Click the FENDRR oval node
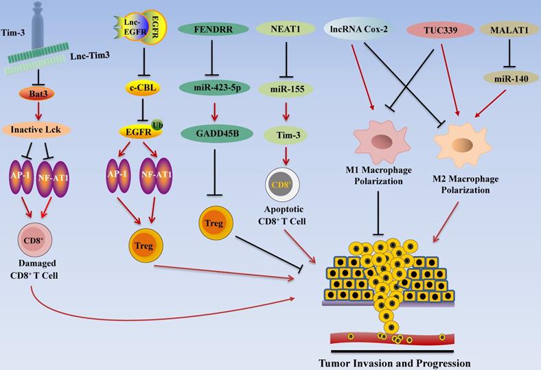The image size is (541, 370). pyautogui.click(x=212, y=30)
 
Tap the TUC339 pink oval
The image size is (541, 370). pyautogui.click(x=439, y=31)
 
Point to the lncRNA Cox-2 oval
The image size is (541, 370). pyautogui.click(x=358, y=30)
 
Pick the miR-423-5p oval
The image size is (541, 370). pyautogui.click(x=212, y=87)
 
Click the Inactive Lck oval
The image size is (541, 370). pyautogui.click(x=38, y=128)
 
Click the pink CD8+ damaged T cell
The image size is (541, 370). pyautogui.click(x=32, y=241)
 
